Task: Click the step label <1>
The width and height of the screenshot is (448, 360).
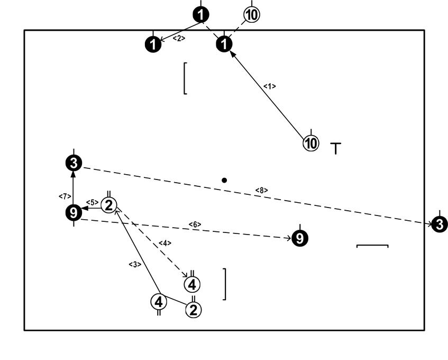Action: click(x=270, y=86)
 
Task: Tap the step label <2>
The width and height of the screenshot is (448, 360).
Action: click(x=179, y=38)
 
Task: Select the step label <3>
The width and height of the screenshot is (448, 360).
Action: click(x=134, y=264)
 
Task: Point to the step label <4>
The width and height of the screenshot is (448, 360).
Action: click(x=164, y=243)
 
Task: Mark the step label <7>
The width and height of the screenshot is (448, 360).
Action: click(x=62, y=196)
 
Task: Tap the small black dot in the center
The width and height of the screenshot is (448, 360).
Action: click(x=225, y=181)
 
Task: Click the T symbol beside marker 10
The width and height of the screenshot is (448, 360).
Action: click(x=336, y=148)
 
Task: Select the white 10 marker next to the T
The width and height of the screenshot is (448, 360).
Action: click(x=311, y=142)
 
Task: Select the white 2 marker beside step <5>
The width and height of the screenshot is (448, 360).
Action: click(x=109, y=205)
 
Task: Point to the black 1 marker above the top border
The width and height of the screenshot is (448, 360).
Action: click(x=200, y=14)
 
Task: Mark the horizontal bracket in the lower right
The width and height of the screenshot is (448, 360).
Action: click(x=372, y=246)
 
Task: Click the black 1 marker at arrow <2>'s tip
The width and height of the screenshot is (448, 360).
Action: click(x=153, y=45)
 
